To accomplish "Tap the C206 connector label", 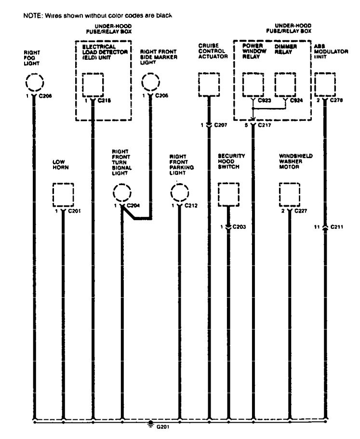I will click(45, 96).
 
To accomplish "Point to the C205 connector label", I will click(162, 96).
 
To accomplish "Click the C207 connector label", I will click(221, 125).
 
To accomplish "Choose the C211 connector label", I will click(337, 227).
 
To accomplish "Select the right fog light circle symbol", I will click(34, 82).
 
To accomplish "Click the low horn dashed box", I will click(63, 194).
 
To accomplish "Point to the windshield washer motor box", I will click(290, 194).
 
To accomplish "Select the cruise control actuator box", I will click(209, 85).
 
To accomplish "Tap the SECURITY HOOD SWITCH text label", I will click(232, 161).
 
